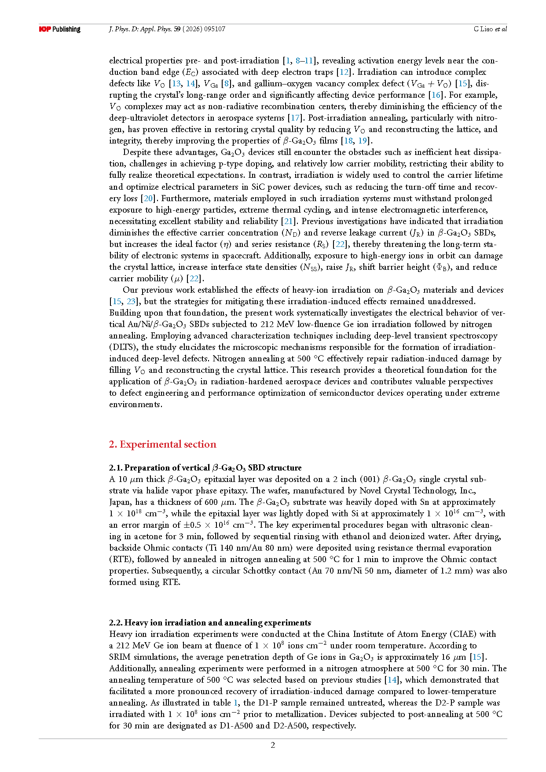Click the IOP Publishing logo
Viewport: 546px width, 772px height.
(x=59, y=29)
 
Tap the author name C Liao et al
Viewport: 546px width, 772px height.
(x=490, y=29)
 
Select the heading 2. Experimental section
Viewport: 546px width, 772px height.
(x=162, y=444)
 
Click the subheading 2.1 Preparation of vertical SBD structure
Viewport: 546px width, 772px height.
(x=205, y=467)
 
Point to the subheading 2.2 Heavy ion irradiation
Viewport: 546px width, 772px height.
(x=210, y=622)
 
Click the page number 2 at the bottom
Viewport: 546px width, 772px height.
(x=273, y=745)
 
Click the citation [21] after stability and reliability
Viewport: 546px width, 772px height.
(x=288, y=221)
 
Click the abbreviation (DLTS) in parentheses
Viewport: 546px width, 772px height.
(x=123, y=347)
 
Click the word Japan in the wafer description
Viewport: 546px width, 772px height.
(x=119, y=502)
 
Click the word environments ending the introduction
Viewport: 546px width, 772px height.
(x=135, y=404)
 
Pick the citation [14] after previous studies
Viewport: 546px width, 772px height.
(x=391, y=680)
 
